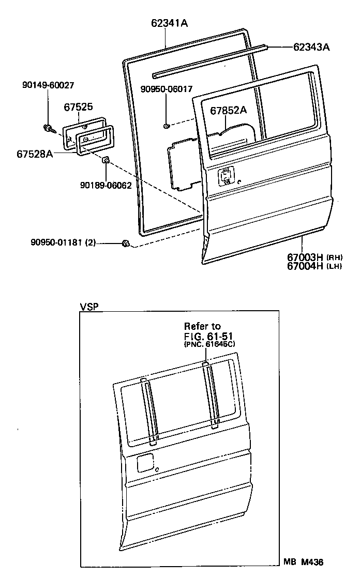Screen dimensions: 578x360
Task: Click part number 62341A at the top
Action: [x=169, y=23]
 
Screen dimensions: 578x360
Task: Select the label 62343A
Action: [x=311, y=47]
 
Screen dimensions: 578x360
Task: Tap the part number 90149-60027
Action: [x=48, y=85]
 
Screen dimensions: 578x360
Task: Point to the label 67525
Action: [x=79, y=107]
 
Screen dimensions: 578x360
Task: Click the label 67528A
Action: [x=35, y=154]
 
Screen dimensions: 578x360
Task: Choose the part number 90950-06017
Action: [x=166, y=89]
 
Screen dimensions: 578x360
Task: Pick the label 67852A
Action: [x=228, y=110]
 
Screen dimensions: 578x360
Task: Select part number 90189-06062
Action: [x=106, y=185]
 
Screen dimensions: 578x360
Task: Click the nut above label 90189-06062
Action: [x=105, y=160]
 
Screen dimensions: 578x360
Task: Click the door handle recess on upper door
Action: [x=226, y=176]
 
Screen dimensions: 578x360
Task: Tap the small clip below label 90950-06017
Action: [x=166, y=126]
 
